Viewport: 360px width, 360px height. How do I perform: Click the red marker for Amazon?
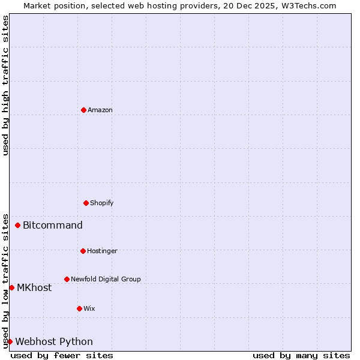(83, 110)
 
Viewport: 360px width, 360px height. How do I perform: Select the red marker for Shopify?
(86, 203)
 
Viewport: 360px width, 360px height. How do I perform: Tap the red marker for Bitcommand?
(17, 225)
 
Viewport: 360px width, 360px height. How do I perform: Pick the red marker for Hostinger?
(83, 251)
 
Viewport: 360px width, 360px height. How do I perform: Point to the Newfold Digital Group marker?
(67, 279)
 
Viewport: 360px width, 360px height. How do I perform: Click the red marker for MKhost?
(11, 287)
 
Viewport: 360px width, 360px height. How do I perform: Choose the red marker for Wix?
(79, 308)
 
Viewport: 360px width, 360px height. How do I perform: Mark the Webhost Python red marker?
(10, 341)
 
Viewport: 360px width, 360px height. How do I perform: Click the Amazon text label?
(100, 110)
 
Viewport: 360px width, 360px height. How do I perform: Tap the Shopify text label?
(102, 203)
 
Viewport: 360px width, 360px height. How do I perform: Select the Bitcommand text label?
(53, 226)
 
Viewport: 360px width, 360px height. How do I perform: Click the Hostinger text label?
(102, 251)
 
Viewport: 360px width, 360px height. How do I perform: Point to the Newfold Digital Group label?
(106, 279)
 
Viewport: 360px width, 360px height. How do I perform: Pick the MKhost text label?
(34, 288)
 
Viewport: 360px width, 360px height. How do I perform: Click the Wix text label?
(89, 308)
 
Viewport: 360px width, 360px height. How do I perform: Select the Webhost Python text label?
(54, 342)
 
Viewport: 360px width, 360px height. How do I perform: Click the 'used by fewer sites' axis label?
(62, 355)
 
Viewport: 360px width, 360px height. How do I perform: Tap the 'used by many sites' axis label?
(301, 355)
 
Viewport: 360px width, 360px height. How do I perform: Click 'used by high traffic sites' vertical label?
(5, 85)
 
